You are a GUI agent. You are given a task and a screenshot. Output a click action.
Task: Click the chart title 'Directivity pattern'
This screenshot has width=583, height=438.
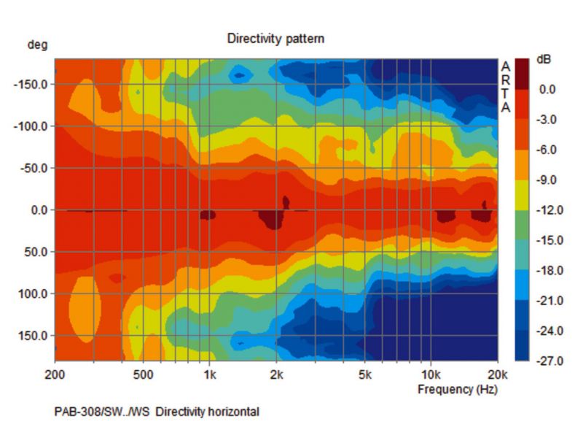(x=275, y=39)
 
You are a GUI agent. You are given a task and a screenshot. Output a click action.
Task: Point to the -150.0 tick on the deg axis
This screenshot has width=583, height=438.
(x=31, y=84)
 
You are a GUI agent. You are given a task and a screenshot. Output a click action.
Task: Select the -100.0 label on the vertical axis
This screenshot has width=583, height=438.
(x=31, y=126)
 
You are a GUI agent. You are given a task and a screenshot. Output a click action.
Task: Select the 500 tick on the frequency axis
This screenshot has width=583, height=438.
(x=143, y=376)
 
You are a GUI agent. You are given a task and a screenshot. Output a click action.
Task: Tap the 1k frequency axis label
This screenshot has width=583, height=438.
(x=209, y=376)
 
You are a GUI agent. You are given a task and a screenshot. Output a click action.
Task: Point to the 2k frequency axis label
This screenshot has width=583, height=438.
(x=276, y=376)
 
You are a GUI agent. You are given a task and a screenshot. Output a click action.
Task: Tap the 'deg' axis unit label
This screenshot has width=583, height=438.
(x=37, y=45)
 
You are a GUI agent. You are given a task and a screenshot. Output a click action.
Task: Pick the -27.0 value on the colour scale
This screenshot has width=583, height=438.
(x=546, y=361)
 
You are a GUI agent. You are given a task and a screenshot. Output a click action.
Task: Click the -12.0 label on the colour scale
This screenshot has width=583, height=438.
(x=546, y=210)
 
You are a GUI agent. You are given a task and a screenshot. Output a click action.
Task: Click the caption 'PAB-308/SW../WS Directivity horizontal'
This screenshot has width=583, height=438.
(x=157, y=412)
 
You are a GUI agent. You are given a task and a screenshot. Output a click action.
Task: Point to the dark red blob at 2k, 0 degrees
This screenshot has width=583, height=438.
(x=273, y=218)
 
